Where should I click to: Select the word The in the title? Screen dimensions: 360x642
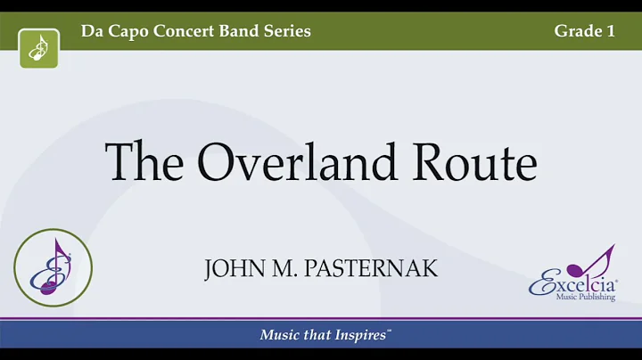click(x=145, y=162)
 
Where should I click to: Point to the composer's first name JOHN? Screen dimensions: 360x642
click(x=231, y=268)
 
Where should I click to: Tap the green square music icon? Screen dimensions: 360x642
click(x=39, y=47)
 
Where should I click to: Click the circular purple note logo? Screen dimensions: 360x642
click(x=53, y=267)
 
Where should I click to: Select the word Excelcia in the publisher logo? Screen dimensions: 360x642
click(x=571, y=285)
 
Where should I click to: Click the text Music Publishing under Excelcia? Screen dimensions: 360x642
click(x=585, y=298)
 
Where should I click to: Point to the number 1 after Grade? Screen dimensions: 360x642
click(x=611, y=31)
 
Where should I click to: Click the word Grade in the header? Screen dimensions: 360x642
click(x=576, y=31)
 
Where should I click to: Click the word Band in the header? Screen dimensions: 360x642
click(x=245, y=31)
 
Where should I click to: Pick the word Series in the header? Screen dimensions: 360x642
click(x=290, y=31)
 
